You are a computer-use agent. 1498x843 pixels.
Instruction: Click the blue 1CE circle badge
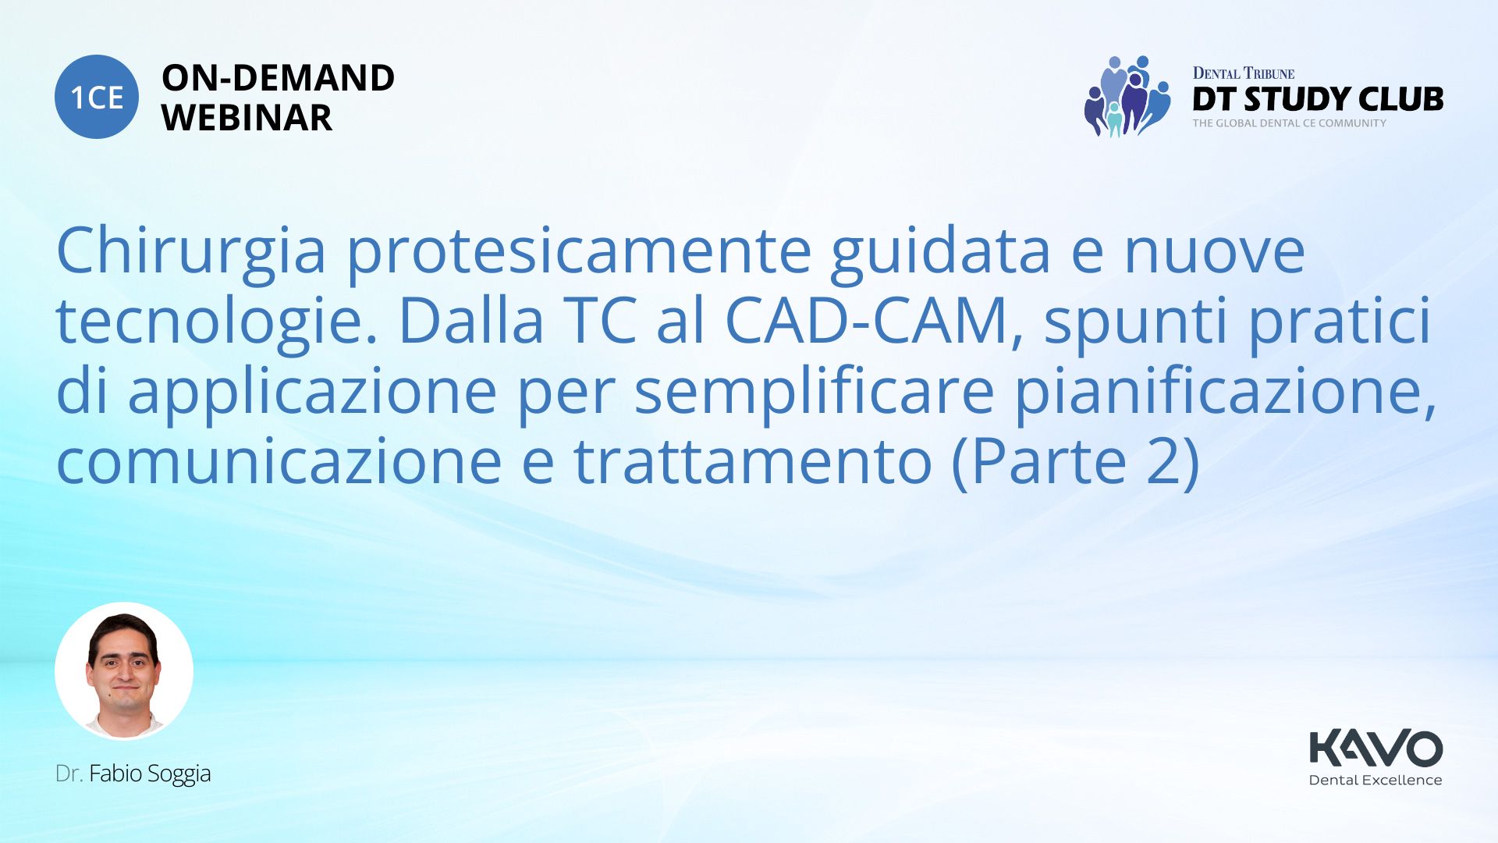point(97,97)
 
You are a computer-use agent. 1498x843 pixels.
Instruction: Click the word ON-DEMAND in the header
point(278,78)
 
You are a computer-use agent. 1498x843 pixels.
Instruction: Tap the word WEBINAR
point(247,118)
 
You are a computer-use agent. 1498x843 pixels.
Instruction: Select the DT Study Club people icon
point(1127,96)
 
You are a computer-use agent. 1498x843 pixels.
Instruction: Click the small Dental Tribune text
point(1244,73)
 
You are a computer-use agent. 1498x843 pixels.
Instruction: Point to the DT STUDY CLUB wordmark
point(1318,99)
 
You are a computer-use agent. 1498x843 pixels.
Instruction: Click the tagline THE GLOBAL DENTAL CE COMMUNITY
point(1289,123)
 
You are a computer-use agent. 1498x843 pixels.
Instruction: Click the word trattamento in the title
point(753,462)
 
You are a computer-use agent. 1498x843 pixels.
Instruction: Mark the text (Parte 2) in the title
point(1076,462)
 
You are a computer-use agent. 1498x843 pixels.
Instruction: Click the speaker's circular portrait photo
point(124,671)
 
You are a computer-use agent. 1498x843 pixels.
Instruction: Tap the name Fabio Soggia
point(150,774)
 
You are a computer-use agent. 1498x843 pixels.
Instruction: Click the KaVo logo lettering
point(1376,748)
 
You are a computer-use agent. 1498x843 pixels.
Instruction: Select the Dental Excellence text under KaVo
point(1376,780)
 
